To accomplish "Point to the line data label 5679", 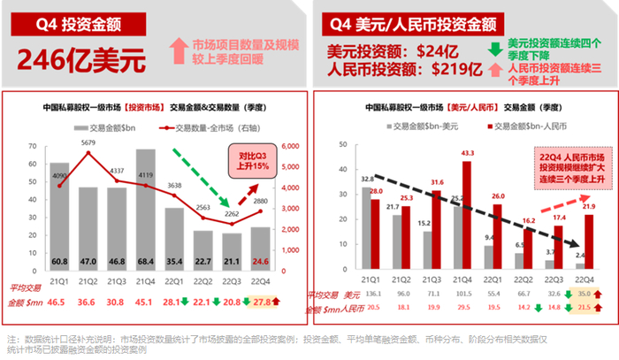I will tap(88, 143).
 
